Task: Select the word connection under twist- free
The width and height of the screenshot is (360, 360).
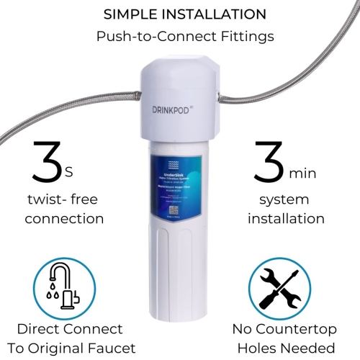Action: (64, 218)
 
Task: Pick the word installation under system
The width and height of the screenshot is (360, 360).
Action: (287, 218)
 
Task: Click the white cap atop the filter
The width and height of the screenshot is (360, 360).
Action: (179, 83)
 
